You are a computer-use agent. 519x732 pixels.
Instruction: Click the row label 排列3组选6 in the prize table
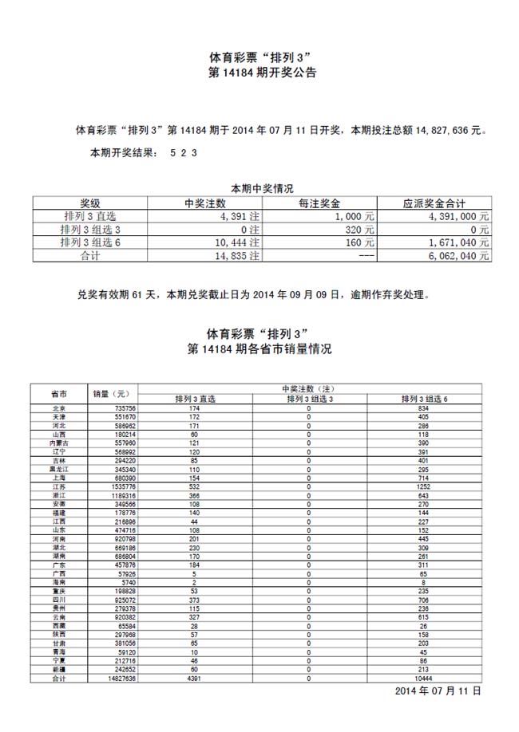point(90,242)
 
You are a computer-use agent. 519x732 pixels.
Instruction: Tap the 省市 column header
point(58,394)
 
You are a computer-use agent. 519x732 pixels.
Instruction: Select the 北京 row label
point(58,408)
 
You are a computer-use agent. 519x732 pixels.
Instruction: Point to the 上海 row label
point(58,478)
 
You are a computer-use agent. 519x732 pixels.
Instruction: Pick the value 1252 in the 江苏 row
point(423,486)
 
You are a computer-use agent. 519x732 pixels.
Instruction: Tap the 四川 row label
point(58,600)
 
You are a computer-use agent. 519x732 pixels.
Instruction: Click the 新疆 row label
point(58,670)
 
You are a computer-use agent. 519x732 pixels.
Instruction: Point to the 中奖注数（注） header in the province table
point(309,388)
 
